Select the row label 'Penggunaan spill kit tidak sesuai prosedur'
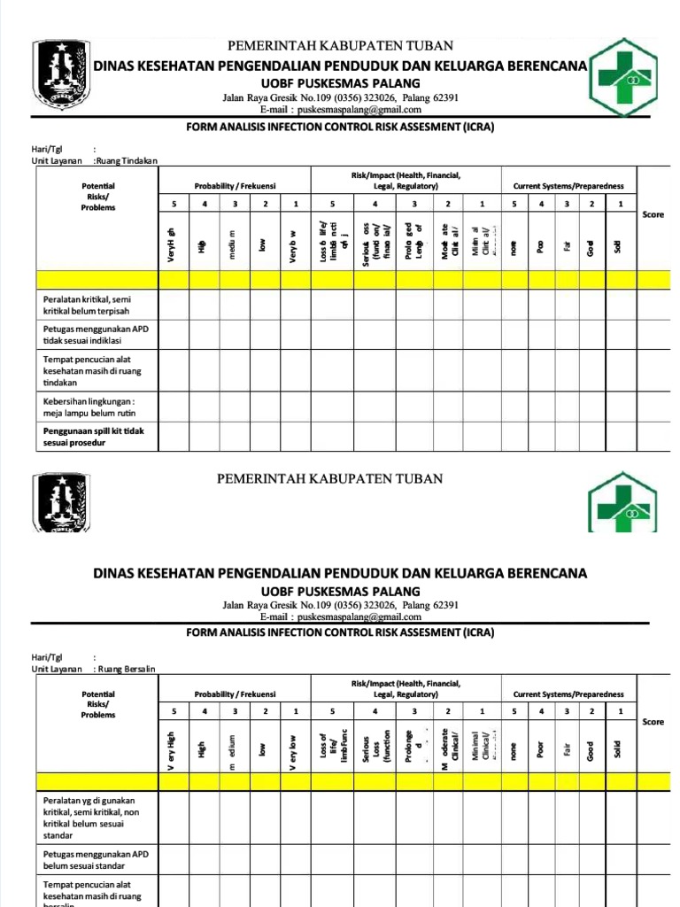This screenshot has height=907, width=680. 98,437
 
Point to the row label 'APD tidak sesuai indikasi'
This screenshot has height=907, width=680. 96,334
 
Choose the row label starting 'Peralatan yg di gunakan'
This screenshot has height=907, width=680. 91,819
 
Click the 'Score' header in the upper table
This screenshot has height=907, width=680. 653,214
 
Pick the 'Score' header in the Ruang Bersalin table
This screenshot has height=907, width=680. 653,722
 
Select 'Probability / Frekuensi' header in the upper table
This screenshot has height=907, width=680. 236,186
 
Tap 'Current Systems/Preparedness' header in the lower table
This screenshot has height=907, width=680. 568,694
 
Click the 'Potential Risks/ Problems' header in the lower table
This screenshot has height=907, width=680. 97,704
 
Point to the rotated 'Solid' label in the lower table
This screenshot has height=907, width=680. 618,749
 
